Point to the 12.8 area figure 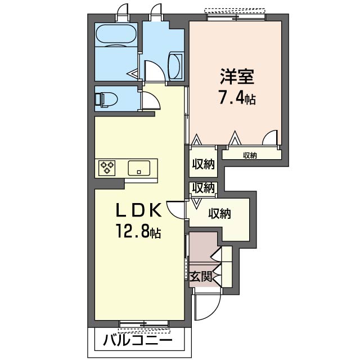point(138,231)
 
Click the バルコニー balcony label point(137,341)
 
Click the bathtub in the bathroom point(116,35)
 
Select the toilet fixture point(106,100)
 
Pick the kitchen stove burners point(107,168)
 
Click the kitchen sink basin point(138,168)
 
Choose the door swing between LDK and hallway point(176,209)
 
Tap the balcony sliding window point(144,323)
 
